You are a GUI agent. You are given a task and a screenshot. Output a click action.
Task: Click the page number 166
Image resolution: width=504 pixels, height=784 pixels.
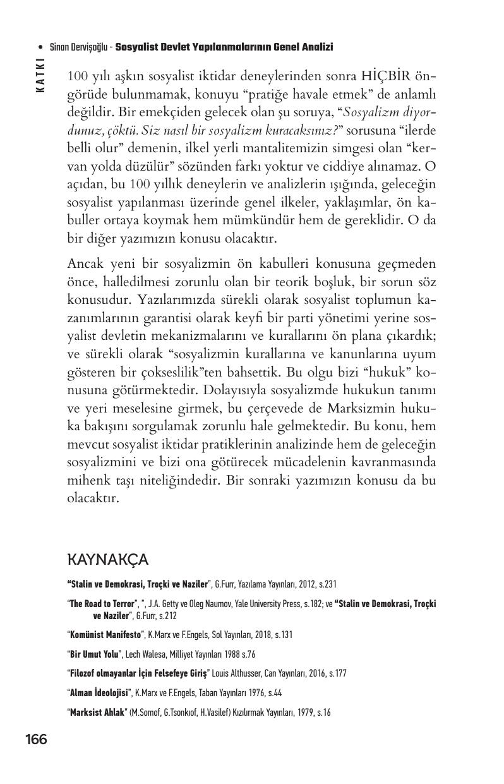(36, 739)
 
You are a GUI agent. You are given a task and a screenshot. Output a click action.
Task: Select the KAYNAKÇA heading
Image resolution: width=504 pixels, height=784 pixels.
(107, 560)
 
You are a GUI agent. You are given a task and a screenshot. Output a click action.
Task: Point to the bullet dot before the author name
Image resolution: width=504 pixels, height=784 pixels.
(40, 47)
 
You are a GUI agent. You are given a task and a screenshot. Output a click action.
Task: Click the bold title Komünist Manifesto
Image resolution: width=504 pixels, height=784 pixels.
(105, 634)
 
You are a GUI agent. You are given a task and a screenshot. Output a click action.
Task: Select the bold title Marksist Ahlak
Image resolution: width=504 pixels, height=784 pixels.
(97, 713)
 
